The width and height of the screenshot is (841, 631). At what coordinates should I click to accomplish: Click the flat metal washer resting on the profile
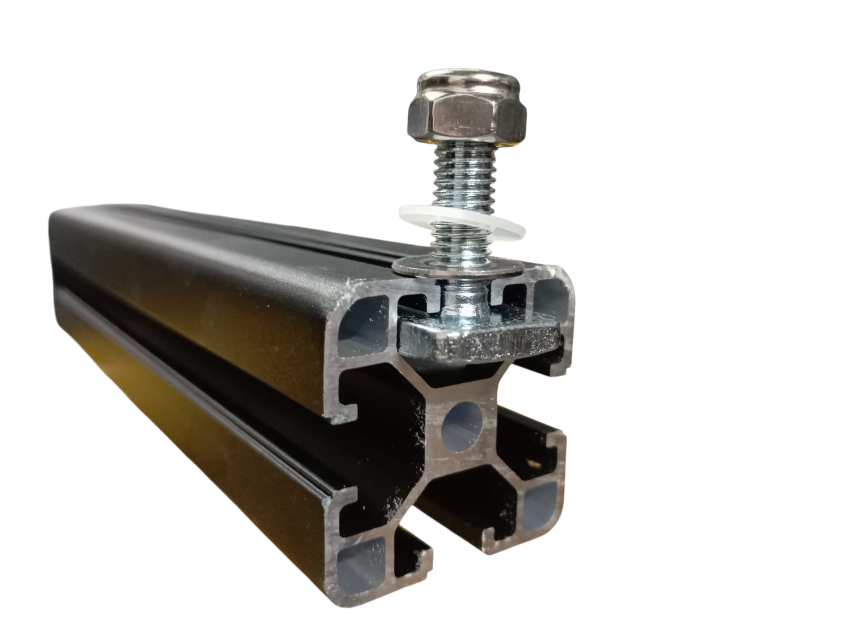tap(458, 267)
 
